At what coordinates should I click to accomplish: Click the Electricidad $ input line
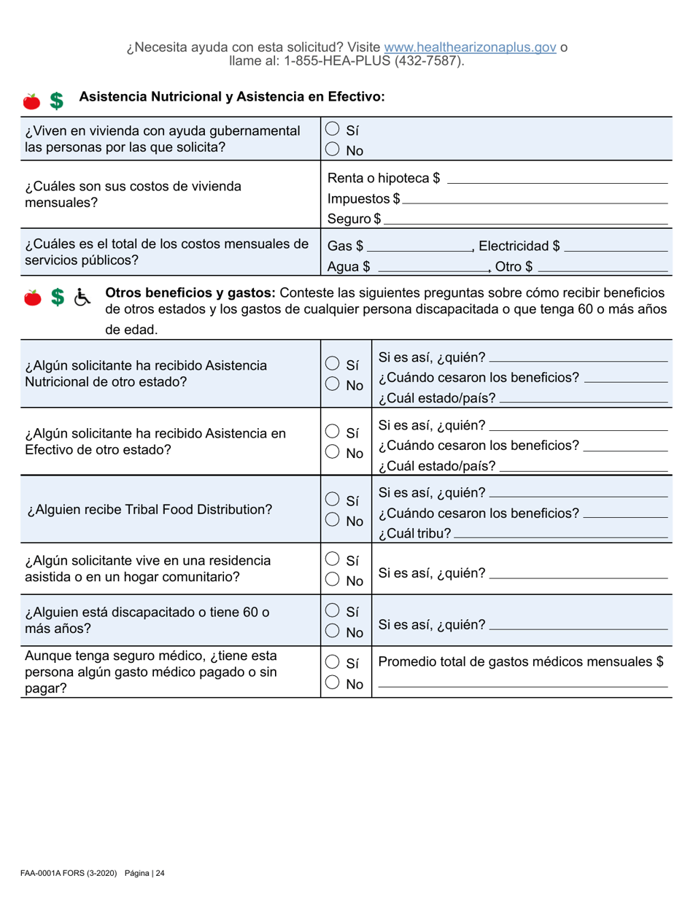(616, 249)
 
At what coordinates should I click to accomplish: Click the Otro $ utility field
(602, 269)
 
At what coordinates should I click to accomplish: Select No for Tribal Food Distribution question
(332, 520)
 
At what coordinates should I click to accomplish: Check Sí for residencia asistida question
(332, 560)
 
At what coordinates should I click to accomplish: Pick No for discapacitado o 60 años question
(332, 632)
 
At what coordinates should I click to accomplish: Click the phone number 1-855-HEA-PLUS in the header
(345, 62)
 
